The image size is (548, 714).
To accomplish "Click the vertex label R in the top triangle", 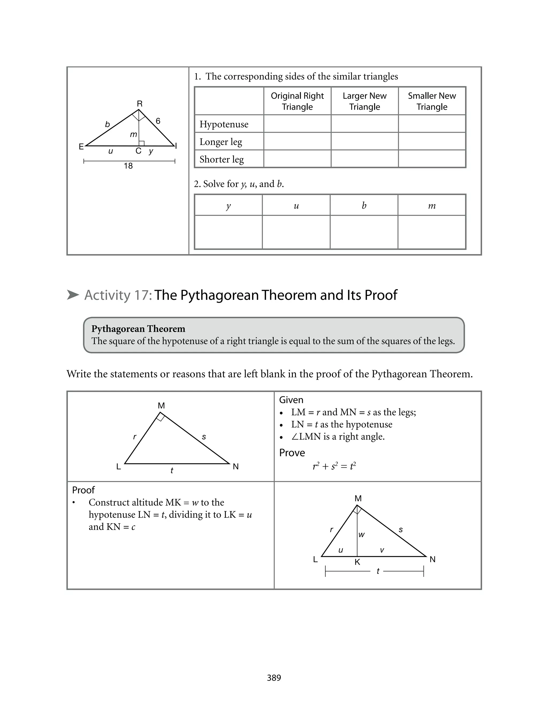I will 140,104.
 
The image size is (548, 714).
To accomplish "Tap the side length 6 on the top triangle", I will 158,121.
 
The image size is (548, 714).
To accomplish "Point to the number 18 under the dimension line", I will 128,166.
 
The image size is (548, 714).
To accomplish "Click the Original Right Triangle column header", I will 297,101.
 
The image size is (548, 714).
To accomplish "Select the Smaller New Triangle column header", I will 432,101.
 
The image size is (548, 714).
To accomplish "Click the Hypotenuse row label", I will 224,124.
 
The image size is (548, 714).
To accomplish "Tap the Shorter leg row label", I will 222,159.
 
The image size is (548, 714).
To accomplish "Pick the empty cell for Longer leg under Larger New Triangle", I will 364,142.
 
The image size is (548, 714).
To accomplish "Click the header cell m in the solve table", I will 432,205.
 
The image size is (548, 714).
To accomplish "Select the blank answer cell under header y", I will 228,232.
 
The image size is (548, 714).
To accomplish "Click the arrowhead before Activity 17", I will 73,295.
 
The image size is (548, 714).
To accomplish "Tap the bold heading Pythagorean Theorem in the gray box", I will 138,329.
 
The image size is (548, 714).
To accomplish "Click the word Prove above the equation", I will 292,453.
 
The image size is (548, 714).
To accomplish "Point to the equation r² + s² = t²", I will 334,466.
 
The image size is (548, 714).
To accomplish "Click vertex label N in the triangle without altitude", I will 236,467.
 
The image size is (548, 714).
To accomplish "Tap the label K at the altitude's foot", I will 357,562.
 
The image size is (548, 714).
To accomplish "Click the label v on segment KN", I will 382,550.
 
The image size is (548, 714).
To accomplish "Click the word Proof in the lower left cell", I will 83,490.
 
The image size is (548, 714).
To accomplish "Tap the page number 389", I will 274,678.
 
